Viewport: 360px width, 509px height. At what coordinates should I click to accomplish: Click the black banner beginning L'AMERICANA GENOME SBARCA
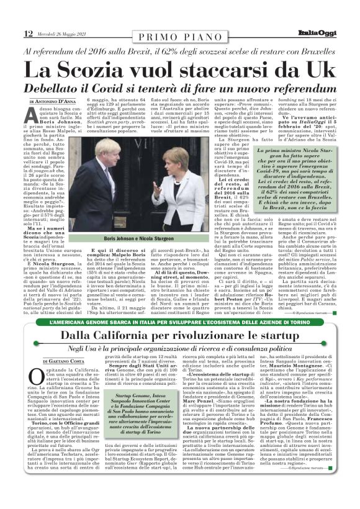[x=180, y=323]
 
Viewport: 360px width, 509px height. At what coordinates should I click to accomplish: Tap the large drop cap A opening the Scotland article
[x=35, y=116]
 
